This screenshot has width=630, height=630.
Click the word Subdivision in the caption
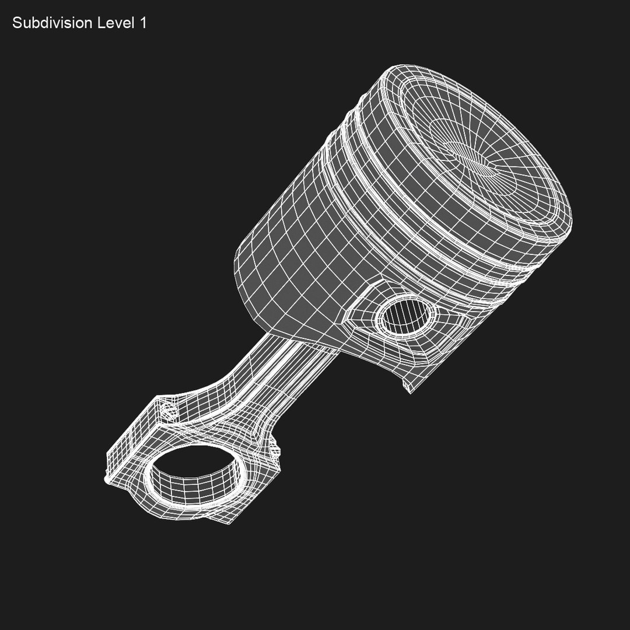point(51,23)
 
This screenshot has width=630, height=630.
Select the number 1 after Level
point(142,23)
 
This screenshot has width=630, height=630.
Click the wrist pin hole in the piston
point(407,316)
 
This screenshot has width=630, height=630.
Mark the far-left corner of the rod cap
point(107,480)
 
